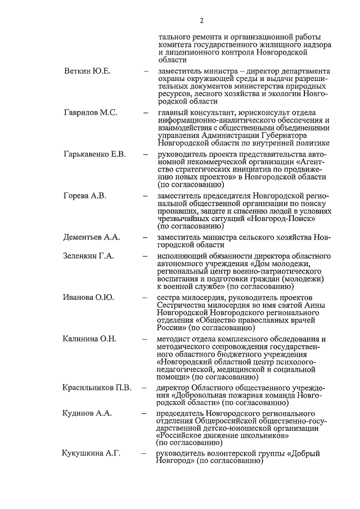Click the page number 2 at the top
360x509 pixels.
point(201,21)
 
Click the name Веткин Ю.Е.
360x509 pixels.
point(87,71)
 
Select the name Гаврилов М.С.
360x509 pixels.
point(91,112)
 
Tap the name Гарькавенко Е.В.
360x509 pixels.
point(94,154)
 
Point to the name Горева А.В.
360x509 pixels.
point(85,196)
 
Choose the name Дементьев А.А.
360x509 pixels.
point(92,237)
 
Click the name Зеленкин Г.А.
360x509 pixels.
point(89,255)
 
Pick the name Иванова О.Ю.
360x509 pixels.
point(89,298)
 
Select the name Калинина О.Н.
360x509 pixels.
point(89,339)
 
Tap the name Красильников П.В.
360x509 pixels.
point(97,388)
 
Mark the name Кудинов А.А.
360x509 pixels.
point(87,413)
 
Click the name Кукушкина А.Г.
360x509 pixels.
point(91,453)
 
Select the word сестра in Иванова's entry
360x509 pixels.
point(170,298)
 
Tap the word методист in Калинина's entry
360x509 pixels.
point(175,339)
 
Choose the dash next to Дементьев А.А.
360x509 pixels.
point(146,237)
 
